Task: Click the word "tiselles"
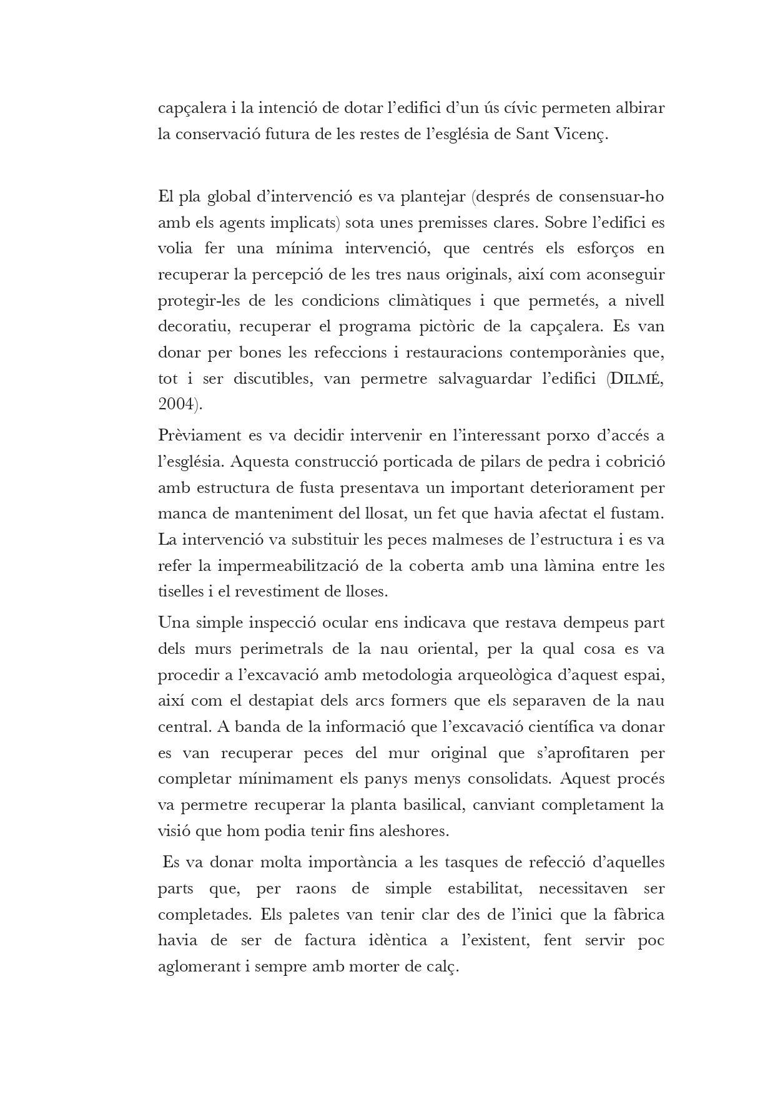tap(178, 591)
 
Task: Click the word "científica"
tap(559, 727)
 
